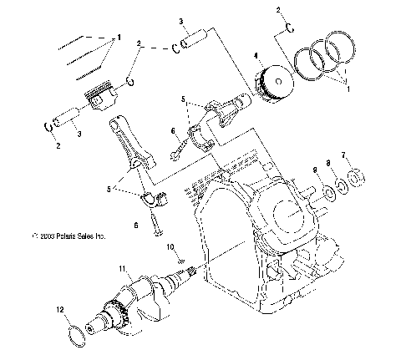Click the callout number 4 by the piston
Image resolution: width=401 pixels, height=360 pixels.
(255, 57)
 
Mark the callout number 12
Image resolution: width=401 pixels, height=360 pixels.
(59, 310)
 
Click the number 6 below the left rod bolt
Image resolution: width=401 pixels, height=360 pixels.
(135, 225)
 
